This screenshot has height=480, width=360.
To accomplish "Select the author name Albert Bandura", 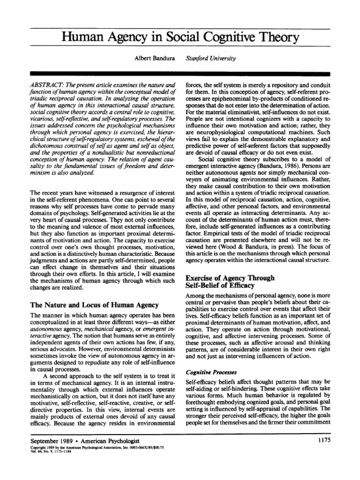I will (x=154, y=59).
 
